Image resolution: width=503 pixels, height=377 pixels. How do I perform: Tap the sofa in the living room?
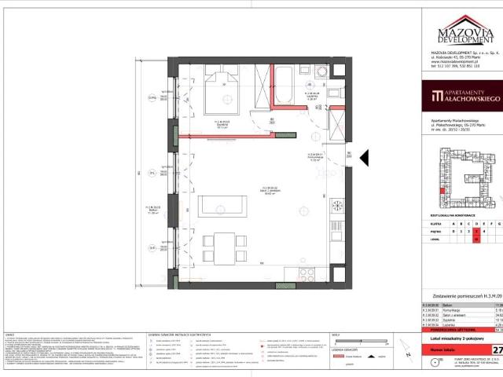[x=223, y=206]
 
